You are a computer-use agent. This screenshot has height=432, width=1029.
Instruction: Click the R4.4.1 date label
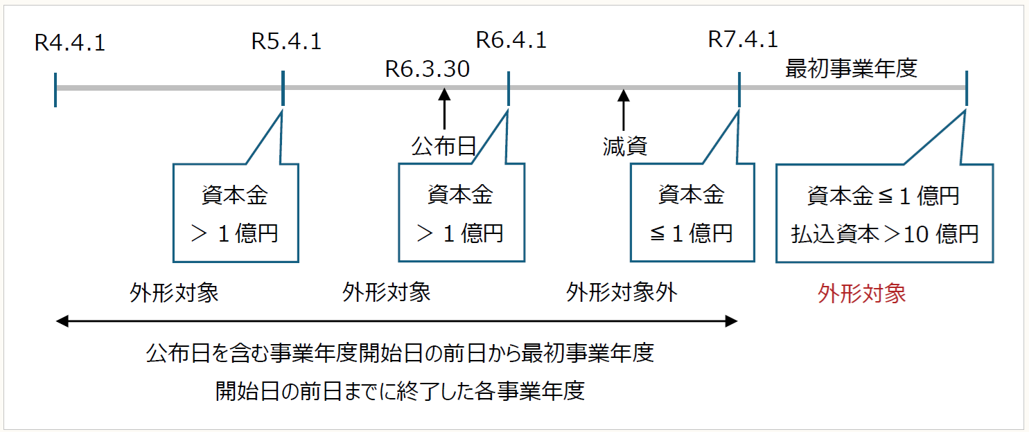coord(69,44)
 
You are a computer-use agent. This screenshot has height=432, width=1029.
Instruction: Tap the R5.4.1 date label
coord(286,42)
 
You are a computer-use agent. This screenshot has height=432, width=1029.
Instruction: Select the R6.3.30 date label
coord(428,69)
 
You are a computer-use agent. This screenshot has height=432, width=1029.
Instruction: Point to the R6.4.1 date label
coord(511,40)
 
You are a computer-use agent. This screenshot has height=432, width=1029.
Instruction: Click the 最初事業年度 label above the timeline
coord(851,69)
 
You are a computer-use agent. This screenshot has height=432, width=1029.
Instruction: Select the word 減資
coord(624,147)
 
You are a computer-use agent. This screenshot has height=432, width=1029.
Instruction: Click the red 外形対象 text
coord(861,294)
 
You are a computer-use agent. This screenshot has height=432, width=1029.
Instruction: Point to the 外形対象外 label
coord(622,292)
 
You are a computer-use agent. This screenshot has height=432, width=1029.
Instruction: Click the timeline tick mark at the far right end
coord(966,88)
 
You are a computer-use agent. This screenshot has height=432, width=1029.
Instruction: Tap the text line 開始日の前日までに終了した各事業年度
coord(400,391)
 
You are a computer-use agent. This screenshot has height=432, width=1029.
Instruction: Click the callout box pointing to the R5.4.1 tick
coord(236,213)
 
